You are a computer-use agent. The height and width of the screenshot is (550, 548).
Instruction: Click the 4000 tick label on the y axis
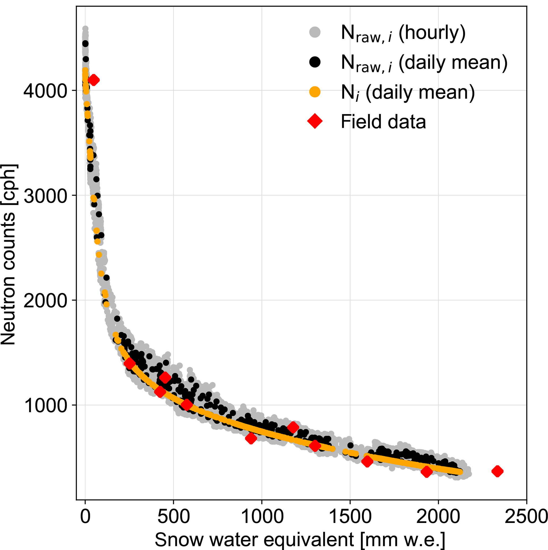tap(45, 91)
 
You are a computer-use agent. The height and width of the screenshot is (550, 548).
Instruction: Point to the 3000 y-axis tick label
tap(45, 196)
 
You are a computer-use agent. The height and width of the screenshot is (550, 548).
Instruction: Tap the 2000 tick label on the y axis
tap(45, 301)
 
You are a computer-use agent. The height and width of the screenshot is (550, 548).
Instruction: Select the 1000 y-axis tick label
tap(45, 405)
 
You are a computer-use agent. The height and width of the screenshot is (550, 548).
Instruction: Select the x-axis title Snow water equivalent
tap(300, 539)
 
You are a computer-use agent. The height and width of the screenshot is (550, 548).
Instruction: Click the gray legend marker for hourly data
tap(315, 32)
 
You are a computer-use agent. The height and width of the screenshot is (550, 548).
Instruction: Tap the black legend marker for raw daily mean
tap(315, 62)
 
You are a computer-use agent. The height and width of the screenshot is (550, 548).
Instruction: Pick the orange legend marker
tap(315, 92)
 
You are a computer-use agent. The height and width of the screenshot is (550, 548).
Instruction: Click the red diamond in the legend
tap(315, 122)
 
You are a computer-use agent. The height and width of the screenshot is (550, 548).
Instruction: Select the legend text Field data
tap(383, 122)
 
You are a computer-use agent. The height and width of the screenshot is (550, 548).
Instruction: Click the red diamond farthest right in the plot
tap(497, 471)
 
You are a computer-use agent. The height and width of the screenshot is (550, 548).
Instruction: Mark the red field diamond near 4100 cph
tap(94, 80)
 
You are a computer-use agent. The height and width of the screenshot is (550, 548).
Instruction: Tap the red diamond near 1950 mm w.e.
tap(426, 472)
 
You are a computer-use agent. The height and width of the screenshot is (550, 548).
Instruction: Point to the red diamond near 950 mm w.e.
tap(251, 439)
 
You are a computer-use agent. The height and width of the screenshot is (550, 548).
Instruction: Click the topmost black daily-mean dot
tap(85, 43)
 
